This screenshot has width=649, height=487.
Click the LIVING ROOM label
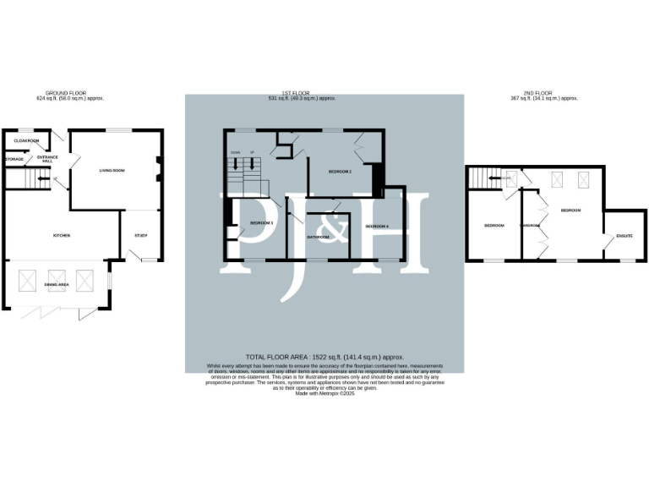(112, 171)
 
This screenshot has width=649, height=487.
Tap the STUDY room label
(140, 236)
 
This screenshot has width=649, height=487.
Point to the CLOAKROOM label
(27, 140)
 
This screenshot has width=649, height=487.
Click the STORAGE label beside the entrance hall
(14, 159)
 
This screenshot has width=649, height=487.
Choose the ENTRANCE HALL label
(46, 159)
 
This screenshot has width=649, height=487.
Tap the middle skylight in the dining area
(58, 279)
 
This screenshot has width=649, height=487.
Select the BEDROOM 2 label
(340, 172)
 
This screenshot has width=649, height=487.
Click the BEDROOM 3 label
(261, 222)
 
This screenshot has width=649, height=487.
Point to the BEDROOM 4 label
(377, 227)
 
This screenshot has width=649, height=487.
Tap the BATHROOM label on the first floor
(318, 237)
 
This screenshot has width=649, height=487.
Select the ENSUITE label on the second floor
(624, 236)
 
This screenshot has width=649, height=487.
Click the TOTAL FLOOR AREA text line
(324, 358)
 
